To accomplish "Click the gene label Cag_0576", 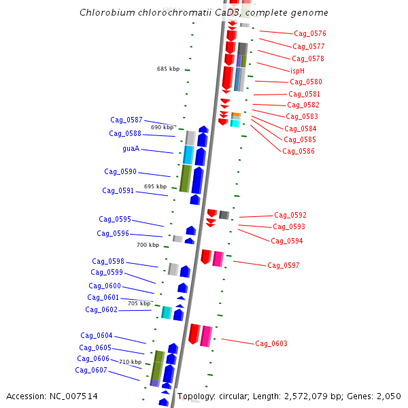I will [x=310, y=33].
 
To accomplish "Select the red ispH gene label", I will [x=297, y=70].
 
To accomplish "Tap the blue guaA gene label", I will [x=131, y=148].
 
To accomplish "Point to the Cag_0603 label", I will [x=271, y=343].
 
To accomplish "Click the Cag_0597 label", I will [x=284, y=265].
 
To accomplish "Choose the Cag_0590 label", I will [x=120, y=171].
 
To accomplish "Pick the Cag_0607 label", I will [x=91, y=370].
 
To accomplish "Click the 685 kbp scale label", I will [x=168, y=69].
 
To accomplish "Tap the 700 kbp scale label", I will [x=148, y=245].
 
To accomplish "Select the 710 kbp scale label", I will [x=130, y=362].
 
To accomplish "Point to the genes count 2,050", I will [x=388, y=396].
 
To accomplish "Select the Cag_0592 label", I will [x=290, y=215].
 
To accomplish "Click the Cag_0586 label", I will [x=299, y=151].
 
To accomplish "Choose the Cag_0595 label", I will [x=115, y=219].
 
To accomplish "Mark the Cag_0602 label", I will [x=101, y=309].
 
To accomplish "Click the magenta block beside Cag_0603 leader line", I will [x=206, y=336].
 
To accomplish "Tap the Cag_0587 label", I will [x=126, y=120].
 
